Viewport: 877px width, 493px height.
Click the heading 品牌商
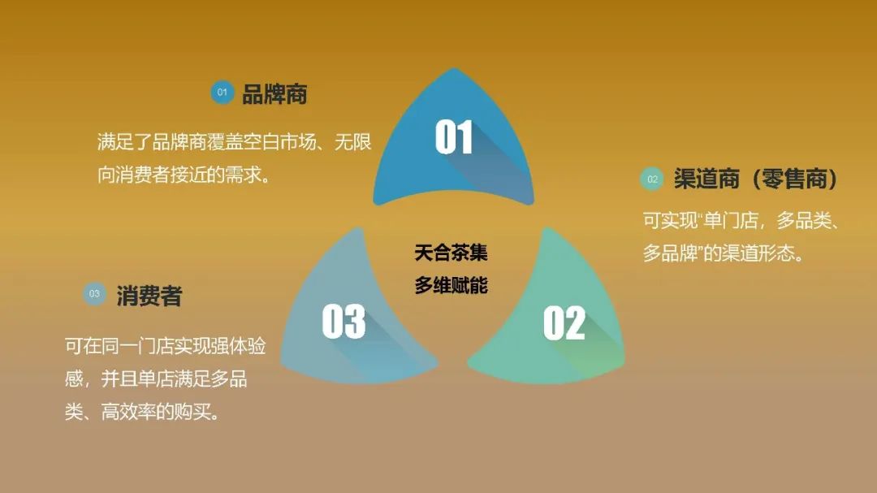[x=274, y=93]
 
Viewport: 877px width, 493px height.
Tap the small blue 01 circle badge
[x=222, y=93]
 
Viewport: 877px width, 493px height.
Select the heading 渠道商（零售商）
[x=755, y=179]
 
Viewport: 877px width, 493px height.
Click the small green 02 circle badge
[x=652, y=179]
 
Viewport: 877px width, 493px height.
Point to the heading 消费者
[x=149, y=296]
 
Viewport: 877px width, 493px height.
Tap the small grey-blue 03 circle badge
[x=95, y=294]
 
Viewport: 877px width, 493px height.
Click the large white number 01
[x=453, y=137]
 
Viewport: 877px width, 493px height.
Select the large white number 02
[x=564, y=323]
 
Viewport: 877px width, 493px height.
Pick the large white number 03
[x=343, y=322]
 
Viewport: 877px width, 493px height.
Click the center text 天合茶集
[x=451, y=253]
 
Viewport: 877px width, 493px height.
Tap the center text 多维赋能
[x=451, y=286]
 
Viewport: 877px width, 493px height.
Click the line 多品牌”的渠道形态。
[x=724, y=253]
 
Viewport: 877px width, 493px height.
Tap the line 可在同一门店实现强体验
[x=165, y=346]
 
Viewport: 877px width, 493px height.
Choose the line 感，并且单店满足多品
[x=156, y=378]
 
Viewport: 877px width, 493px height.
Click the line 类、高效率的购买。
[x=142, y=412]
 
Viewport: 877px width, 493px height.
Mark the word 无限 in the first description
[x=353, y=142]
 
